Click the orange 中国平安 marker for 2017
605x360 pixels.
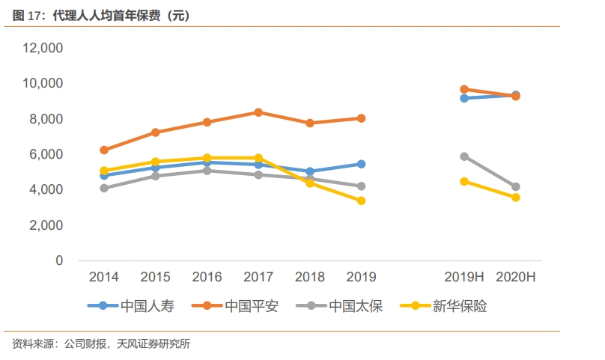pos(258,112)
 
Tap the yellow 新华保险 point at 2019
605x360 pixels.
pos(361,201)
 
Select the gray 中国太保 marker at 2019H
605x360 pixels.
pos(464,156)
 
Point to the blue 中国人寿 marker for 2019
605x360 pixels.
pos(361,164)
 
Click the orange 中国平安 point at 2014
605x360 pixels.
pos(104,150)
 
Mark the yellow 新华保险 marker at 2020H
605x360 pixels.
pos(516,198)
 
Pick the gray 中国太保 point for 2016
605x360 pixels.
pos(207,171)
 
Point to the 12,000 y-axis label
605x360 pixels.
pos(43,48)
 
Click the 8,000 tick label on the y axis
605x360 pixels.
pos(46,119)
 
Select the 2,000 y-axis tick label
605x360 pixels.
pos(46,225)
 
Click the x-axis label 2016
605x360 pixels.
pos(207,277)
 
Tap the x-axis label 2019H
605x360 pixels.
pos(464,277)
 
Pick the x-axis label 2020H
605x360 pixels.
pos(516,277)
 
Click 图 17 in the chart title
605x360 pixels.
pos(28,16)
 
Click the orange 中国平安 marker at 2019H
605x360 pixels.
pos(464,89)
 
